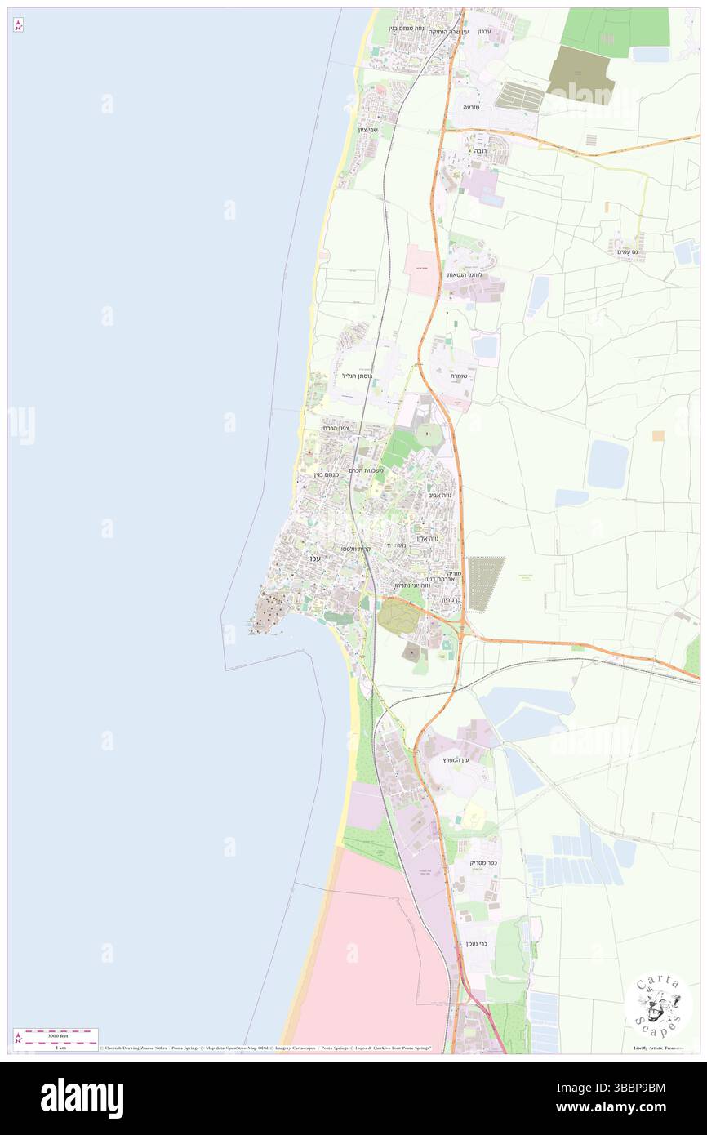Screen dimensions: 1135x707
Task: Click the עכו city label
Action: point(315,558)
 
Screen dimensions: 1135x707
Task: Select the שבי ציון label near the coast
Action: point(367,130)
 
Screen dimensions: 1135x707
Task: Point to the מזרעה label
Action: point(472,107)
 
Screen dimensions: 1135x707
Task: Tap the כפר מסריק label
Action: point(483,863)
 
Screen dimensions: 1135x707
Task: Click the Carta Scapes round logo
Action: point(658,1004)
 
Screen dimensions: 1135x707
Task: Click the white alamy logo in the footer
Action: point(82,1097)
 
